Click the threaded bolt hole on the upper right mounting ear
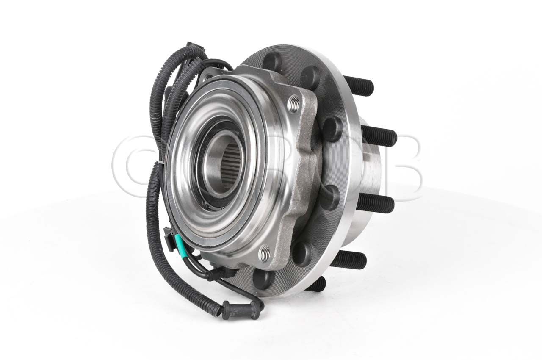point(293,103)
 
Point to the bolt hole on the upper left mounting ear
point(207,78)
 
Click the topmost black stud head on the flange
point(272,62)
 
